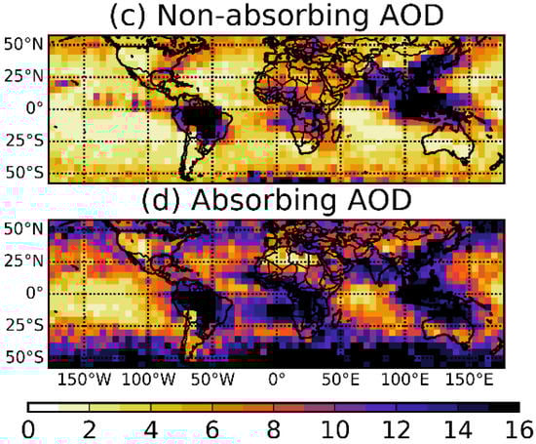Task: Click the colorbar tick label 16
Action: (x=519, y=430)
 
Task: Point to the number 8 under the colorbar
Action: (x=274, y=430)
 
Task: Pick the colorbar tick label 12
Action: (x=397, y=430)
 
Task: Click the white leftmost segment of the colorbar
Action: (x=43, y=405)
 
